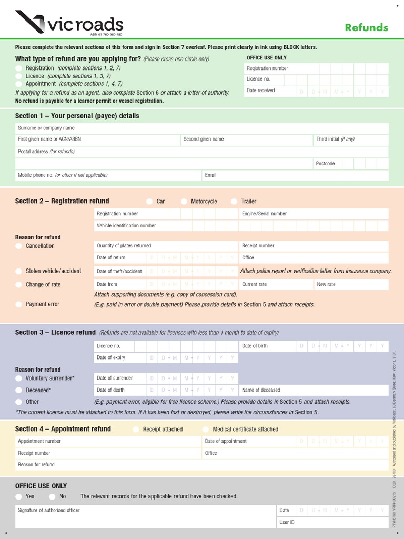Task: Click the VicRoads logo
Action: coord(69,24)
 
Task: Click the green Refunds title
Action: coord(366,27)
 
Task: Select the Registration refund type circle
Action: coord(19,68)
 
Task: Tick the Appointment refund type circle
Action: coord(19,84)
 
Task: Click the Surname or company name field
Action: coord(201,128)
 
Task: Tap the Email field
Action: coord(295,175)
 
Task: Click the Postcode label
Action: coord(325,164)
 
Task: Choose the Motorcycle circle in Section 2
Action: coord(184,202)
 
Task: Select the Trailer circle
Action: coord(234,202)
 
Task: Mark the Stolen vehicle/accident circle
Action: coord(19,272)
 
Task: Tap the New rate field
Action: coord(351,284)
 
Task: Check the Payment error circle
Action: coord(19,304)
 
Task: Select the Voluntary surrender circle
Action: coord(19,378)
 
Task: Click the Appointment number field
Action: coord(108,441)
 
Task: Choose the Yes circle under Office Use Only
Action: coord(19,496)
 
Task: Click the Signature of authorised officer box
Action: coord(145,516)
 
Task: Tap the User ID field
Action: coord(332,522)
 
